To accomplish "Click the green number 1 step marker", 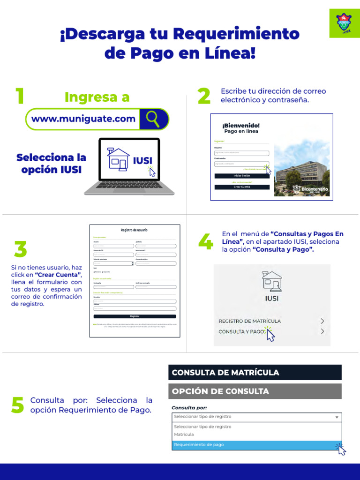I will click(19, 97).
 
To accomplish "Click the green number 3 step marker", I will click(20, 249).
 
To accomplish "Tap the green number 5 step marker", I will click(17, 405).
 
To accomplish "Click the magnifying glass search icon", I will click(153, 119).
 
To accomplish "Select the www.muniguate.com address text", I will click(83, 119).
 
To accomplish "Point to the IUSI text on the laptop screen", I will click(142, 161).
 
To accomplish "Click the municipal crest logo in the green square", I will click(345, 22).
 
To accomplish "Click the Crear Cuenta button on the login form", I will click(242, 187).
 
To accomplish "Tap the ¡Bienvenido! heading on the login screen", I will click(241, 126).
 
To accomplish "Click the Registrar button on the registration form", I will click(135, 316).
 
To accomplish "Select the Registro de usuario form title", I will click(134, 230).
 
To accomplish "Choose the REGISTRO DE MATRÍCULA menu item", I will click(250, 321).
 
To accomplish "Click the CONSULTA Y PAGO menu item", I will click(241, 331).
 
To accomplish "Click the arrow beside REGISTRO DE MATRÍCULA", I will click(322, 321).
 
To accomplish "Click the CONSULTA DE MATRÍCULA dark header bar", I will click(255, 373).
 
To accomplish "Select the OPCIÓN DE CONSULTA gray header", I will click(255, 391).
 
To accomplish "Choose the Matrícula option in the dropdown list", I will click(184, 435).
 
